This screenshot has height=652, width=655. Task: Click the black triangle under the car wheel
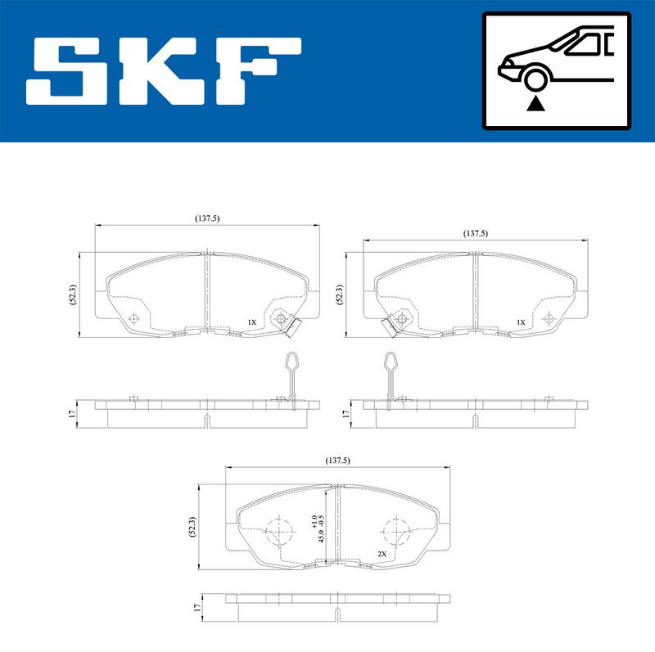(x=535, y=103)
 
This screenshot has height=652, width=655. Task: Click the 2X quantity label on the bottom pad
(x=382, y=554)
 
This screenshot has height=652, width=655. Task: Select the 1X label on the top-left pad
(x=252, y=323)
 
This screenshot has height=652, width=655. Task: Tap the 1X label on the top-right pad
(x=520, y=322)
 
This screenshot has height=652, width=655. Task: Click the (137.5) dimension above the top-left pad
(x=207, y=218)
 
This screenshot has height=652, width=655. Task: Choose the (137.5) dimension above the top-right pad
(x=475, y=233)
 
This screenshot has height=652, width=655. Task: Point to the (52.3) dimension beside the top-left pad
(x=74, y=295)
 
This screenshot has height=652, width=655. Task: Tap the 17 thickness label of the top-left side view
(x=72, y=413)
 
